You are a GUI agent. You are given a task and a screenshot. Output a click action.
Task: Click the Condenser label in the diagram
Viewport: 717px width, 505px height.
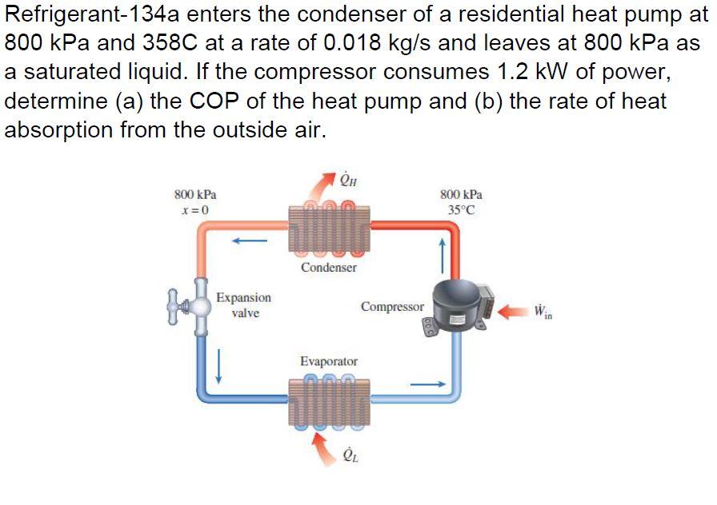point(329,268)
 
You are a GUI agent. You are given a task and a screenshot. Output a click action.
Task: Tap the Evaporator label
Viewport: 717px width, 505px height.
point(329,362)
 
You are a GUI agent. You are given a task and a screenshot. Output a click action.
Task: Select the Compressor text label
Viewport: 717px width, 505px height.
point(391,306)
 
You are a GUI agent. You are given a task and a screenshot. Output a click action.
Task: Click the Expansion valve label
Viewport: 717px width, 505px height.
point(244,305)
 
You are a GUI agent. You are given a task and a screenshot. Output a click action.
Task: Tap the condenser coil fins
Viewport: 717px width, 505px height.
point(329,226)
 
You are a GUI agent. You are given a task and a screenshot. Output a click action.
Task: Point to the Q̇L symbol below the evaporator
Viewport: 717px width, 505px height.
point(350,455)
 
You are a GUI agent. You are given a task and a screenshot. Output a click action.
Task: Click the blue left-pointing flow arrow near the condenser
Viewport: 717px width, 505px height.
point(250,237)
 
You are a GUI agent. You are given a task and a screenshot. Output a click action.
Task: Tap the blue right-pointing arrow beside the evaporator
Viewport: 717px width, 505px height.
point(427,384)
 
